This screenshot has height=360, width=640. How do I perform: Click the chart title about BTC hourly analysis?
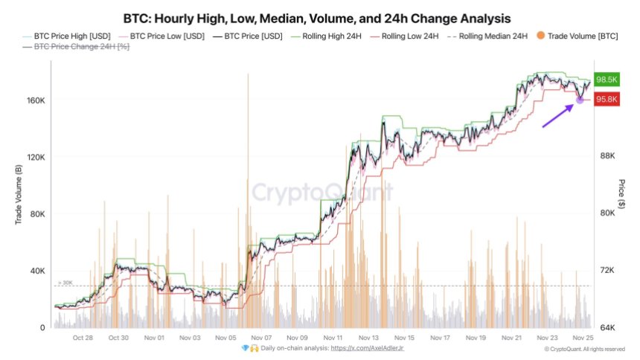(x=319, y=16)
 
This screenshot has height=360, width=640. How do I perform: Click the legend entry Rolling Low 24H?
(x=409, y=35)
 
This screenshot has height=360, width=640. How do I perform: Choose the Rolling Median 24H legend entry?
(x=491, y=35)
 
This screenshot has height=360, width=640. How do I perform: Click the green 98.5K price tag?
(x=608, y=80)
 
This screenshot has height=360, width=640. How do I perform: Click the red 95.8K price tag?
(x=608, y=100)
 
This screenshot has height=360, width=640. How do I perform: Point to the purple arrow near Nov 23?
(x=558, y=115)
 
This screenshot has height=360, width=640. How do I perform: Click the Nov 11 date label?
(x=333, y=337)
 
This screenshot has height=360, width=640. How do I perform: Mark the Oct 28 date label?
(x=83, y=337)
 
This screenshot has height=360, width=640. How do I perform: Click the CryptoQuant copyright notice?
(x=583, y=349)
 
